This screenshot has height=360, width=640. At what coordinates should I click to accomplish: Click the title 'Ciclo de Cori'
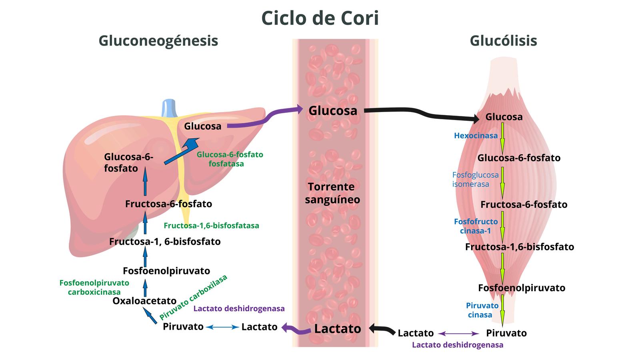point(320,18)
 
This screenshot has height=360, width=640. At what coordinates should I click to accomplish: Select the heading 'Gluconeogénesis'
point(158,41)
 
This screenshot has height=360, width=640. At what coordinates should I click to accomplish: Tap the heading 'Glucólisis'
point(503,41)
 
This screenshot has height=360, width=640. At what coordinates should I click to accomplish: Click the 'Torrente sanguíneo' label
point(332,193)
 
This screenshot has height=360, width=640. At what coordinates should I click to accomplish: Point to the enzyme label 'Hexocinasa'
point(476,136)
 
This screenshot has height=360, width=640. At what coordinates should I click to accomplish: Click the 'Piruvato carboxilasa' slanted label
point(193,297)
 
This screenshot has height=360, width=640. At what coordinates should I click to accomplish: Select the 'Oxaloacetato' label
point(144,301)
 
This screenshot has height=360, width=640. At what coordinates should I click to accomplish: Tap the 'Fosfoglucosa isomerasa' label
point(475,180)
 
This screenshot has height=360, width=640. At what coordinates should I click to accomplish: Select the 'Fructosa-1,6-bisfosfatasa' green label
point(211,226)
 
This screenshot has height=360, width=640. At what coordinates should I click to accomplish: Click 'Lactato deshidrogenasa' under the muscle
point(458,345)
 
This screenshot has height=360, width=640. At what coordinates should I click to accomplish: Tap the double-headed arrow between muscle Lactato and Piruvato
point(458,334)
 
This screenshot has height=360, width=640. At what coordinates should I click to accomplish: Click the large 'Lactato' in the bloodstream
point(337,329)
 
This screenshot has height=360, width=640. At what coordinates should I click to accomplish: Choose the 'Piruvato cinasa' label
point(482,310)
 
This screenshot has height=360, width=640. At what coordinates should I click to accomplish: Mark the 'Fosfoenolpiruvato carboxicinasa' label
point(94,287)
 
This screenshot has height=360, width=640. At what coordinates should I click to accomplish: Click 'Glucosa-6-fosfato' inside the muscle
point(518,158)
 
